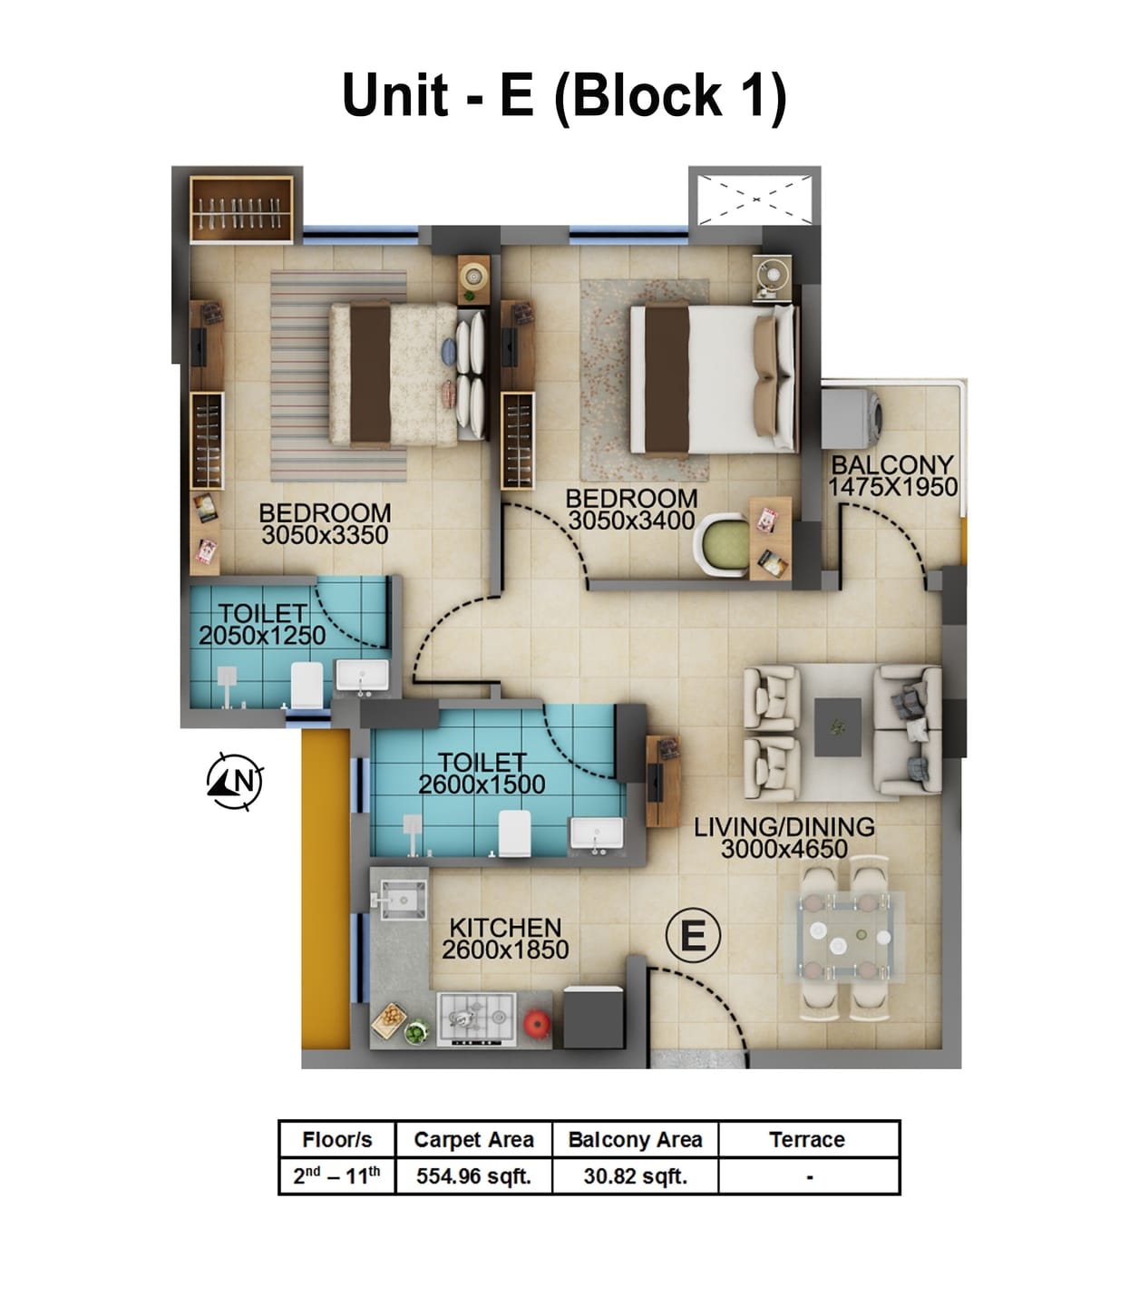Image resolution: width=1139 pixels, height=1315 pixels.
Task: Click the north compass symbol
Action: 236,781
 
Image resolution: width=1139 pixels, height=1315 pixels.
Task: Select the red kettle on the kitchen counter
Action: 537,1022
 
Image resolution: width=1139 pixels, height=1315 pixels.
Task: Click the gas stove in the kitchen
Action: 477,1018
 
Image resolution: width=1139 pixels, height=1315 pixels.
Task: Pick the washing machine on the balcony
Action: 852,417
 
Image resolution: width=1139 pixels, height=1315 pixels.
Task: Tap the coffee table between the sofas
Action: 837,726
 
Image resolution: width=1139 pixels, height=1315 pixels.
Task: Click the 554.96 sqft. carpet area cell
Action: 473,1176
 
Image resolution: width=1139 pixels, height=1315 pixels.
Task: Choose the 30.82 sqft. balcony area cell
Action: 635,1176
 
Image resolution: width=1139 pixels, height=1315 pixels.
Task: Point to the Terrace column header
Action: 807,1140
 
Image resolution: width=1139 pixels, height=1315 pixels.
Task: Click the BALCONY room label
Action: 891,464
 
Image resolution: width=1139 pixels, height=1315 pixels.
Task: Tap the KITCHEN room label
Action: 505,928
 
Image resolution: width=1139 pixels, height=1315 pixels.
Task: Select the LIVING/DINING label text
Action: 784,826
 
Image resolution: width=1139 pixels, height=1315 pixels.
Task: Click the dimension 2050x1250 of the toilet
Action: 262,636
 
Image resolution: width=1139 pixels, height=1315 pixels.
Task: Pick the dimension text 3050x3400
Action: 631,521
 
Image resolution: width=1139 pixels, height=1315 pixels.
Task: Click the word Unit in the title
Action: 394,94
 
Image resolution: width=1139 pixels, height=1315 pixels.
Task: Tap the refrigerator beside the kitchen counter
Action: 593,1018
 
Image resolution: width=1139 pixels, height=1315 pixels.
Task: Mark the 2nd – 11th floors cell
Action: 336,1176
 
